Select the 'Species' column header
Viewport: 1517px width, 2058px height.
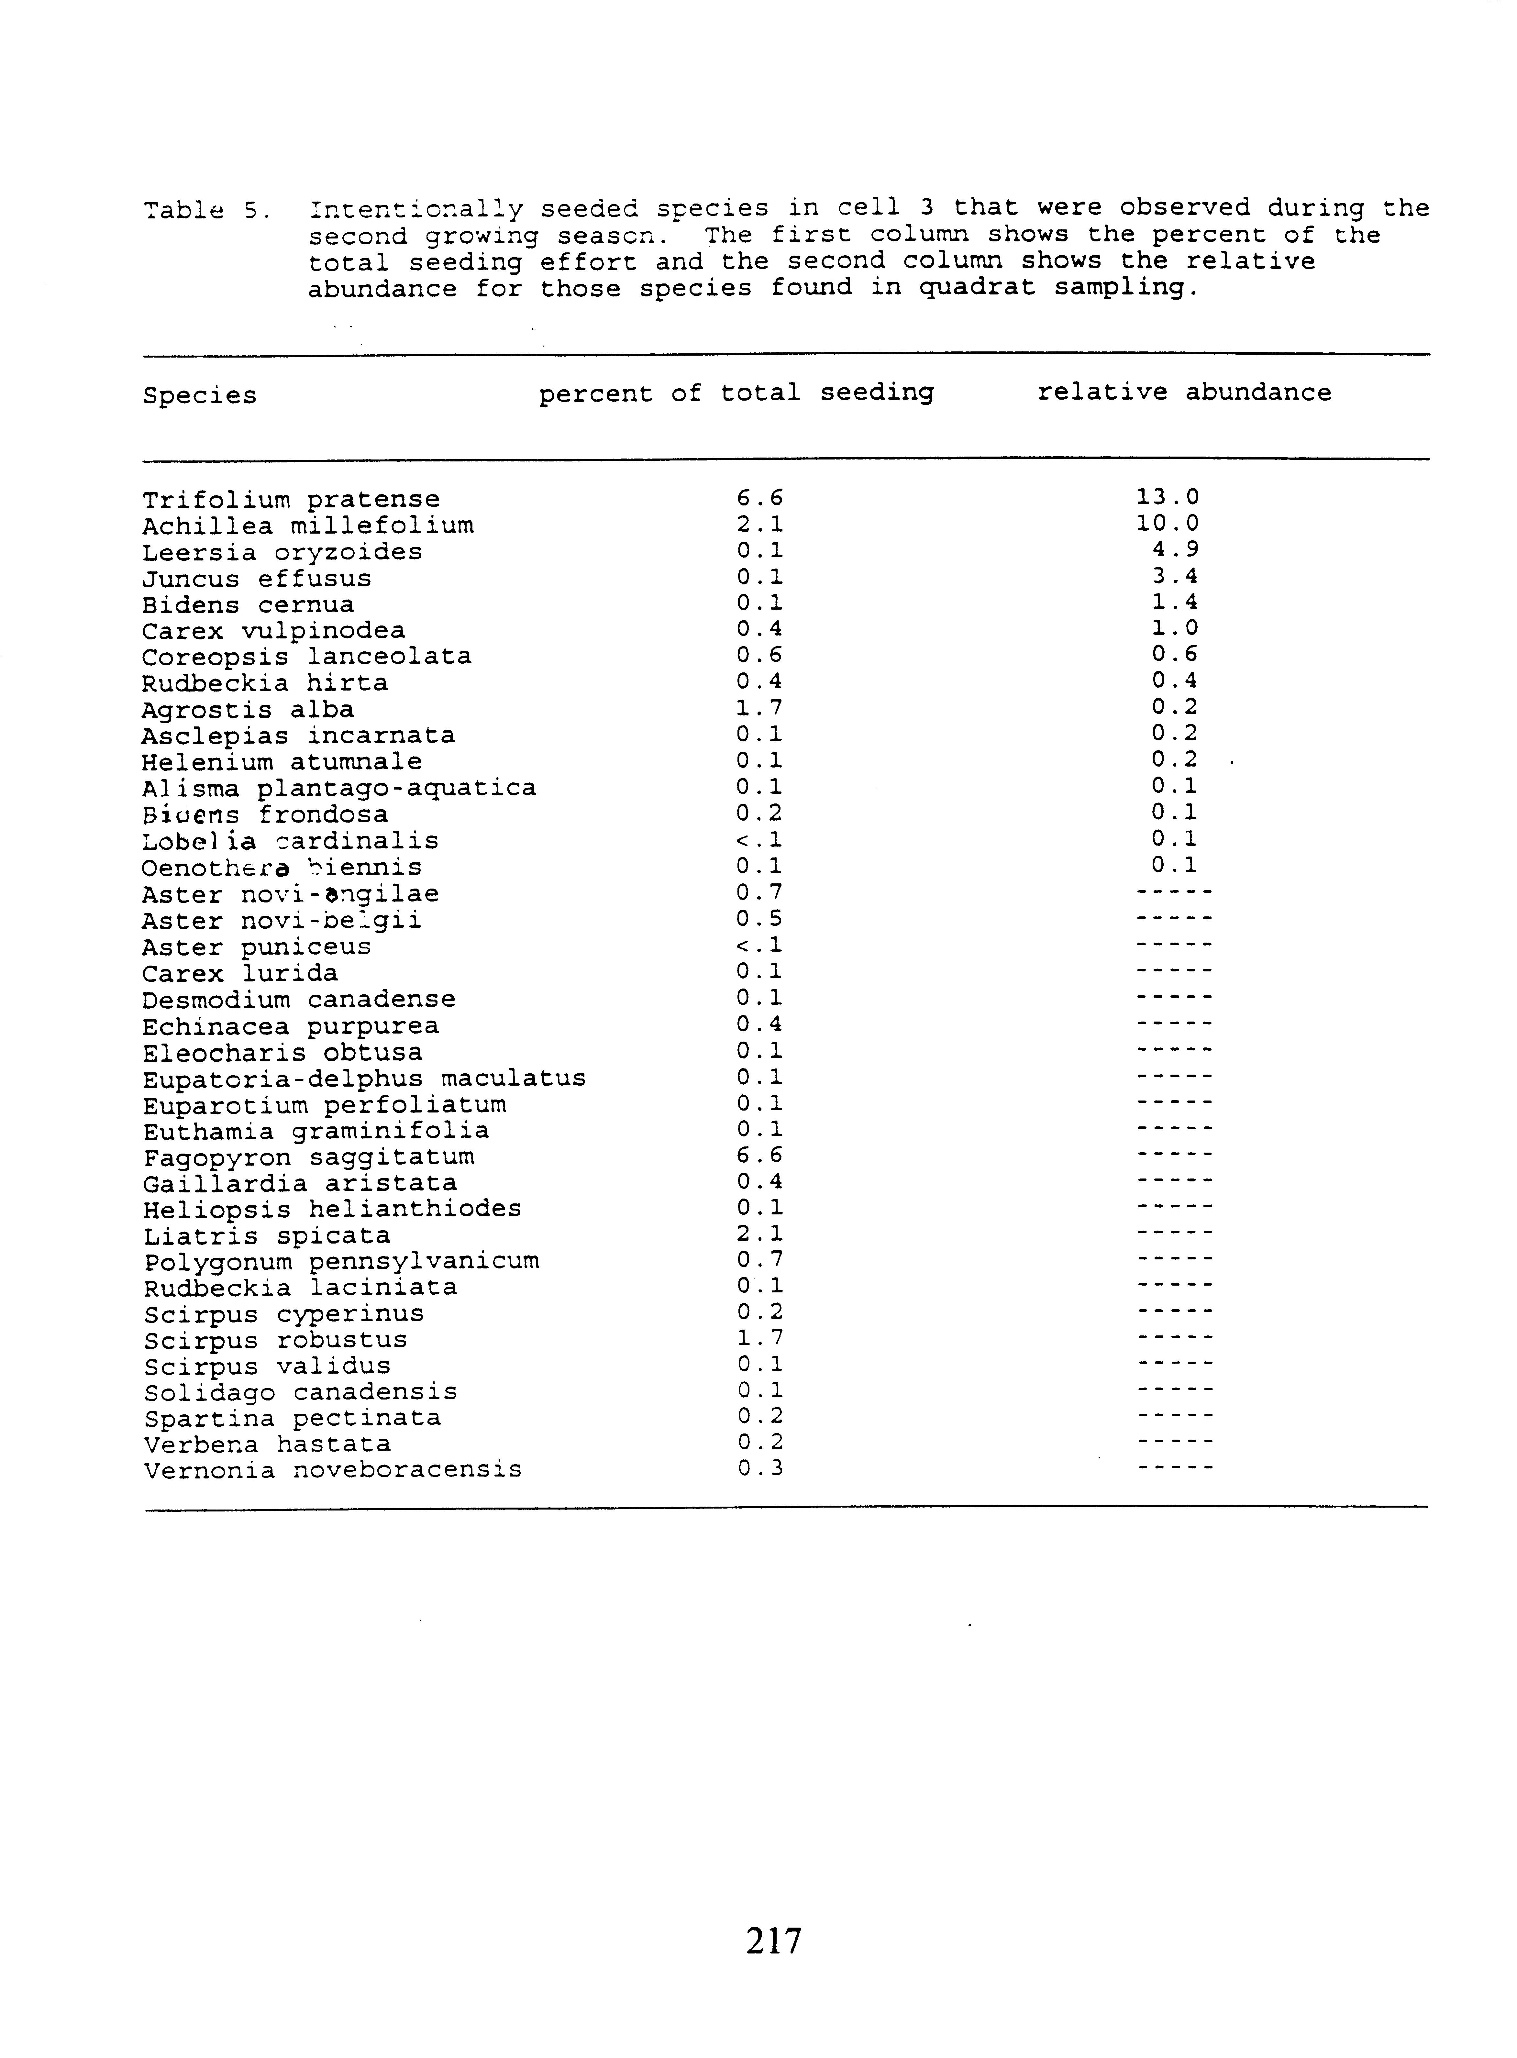click(199, 396)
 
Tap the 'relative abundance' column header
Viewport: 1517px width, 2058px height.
click(1184, 393)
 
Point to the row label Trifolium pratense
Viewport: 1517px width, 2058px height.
click(291, 501)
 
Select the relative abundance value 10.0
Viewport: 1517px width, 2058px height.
click(1167, 524)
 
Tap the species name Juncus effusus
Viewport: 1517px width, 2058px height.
click(257, 580)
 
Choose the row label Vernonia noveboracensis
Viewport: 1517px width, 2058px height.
click(332, 1470)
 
